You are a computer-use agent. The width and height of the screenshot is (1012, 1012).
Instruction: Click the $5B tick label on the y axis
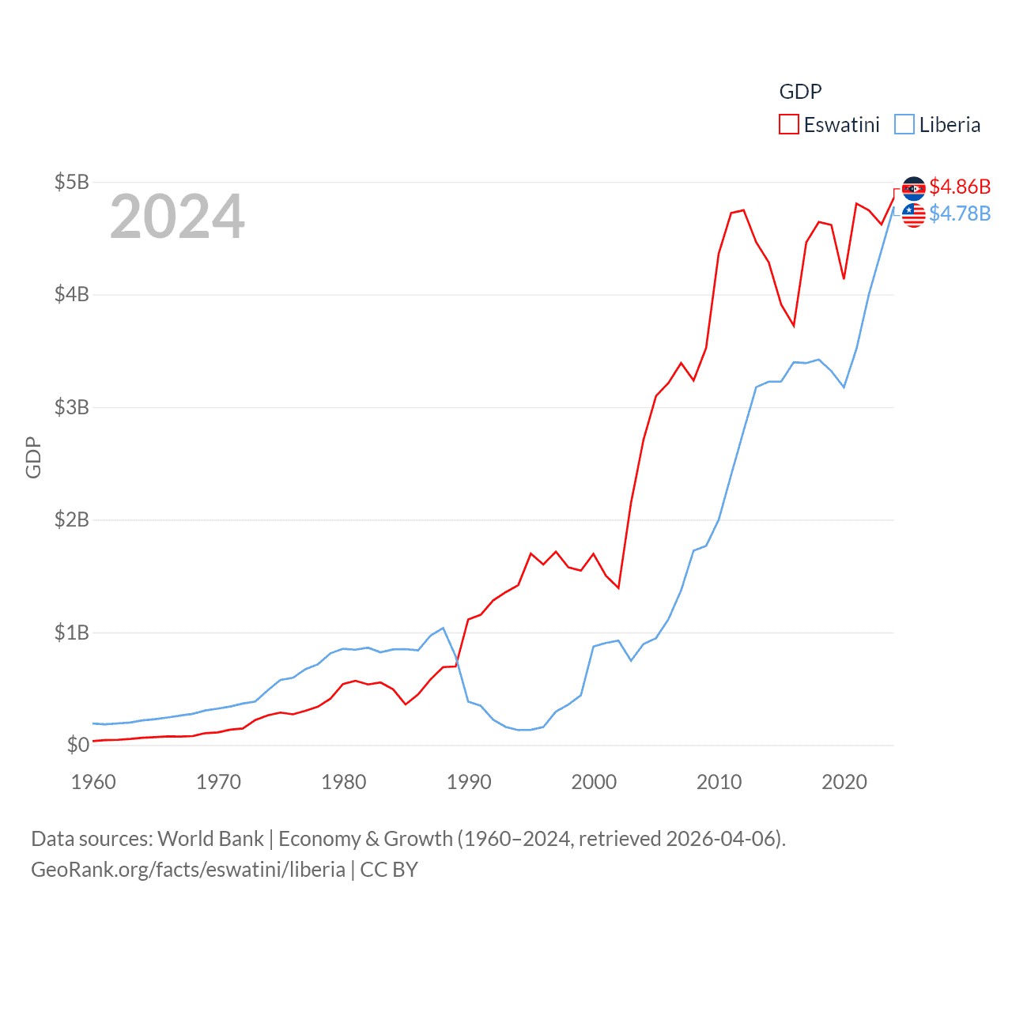pos(71,182)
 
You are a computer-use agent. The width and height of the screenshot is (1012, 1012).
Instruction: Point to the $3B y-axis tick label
pos(71,407)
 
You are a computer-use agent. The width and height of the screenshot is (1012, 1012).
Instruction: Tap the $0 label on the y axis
pos(77,745)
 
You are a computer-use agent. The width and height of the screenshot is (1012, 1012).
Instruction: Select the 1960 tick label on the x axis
pos(93,782)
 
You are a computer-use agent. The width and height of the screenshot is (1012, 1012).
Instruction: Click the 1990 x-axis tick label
pos(469,782)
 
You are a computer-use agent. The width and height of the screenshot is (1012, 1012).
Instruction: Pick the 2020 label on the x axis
pos(844,782)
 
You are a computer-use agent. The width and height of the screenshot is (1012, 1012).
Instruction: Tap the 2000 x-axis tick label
pos(594,782)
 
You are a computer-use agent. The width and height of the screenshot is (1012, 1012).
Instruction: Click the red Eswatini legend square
pos(789,125)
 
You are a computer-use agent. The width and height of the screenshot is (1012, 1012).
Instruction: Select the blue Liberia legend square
pos(904,125)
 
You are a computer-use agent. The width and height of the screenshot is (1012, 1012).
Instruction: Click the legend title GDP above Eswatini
pos(800,92)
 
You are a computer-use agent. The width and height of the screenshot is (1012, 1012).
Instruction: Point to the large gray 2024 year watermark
pos(177,217)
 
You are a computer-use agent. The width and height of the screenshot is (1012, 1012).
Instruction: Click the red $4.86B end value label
pos(960,187)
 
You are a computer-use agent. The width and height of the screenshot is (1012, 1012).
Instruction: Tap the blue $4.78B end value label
pos(960,213)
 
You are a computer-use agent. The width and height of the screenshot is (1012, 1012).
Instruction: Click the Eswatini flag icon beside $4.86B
pos(914,188)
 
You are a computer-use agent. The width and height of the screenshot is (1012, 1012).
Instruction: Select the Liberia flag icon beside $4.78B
pos(914,215)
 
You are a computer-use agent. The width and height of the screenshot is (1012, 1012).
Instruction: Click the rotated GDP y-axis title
pos(33,457)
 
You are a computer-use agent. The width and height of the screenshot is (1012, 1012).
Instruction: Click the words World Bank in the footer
pos(210,839)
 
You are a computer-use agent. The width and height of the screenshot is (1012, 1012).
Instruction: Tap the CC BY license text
pos(389,870)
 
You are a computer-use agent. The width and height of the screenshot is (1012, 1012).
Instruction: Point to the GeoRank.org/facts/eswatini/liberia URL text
pos(188,870)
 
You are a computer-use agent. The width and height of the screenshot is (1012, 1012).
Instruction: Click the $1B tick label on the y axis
pos(71,632)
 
